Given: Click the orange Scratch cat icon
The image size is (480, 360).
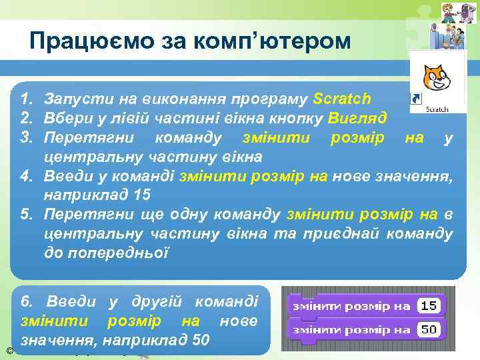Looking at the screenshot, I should point(436,77).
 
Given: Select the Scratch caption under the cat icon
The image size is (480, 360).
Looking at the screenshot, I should point(437,109).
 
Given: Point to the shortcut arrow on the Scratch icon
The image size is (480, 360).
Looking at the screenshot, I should point(416,99).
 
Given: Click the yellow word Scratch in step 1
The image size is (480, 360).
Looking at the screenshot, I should point(341,99).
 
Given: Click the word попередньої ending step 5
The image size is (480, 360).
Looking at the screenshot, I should point(106,254).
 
